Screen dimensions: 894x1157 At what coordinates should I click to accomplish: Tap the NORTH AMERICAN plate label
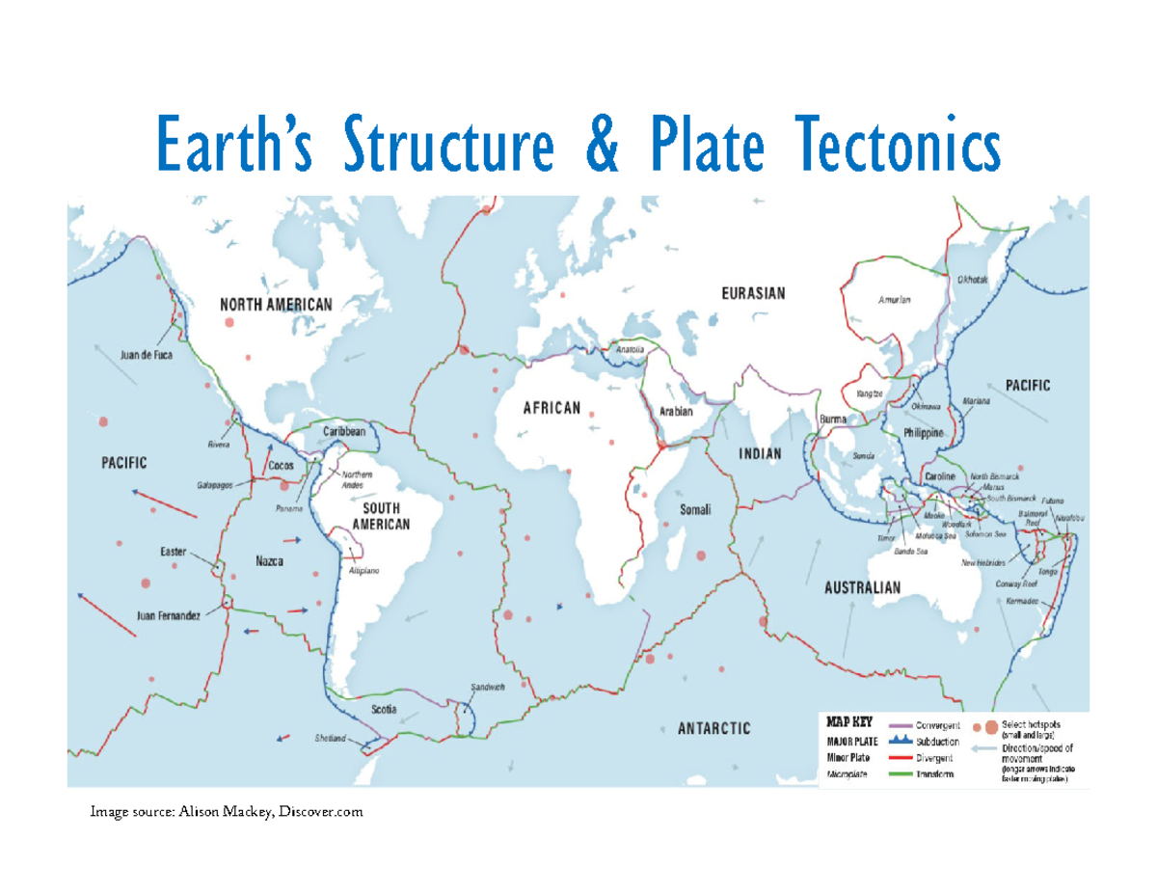pos(277,304)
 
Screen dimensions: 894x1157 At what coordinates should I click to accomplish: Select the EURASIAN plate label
pos(754,293)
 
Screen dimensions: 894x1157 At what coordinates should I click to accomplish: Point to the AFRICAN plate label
pos(552,408)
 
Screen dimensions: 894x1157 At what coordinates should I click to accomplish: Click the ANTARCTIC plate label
pos(713,728)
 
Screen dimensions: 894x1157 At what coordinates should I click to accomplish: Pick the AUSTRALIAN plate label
pos(861,586)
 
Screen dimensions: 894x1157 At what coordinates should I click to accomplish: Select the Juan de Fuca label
pos(146,354)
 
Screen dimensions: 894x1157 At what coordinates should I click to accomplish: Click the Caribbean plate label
pos(344,432)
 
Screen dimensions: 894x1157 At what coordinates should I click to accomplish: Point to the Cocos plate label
pos(281,465)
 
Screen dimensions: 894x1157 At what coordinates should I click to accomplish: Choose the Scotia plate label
pos(386,709)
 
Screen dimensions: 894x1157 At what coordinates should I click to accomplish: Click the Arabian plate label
pos(677,411)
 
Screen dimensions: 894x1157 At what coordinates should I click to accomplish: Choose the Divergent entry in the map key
pos(932,758)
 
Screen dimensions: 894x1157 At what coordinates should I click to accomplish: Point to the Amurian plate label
pos(894,299)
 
